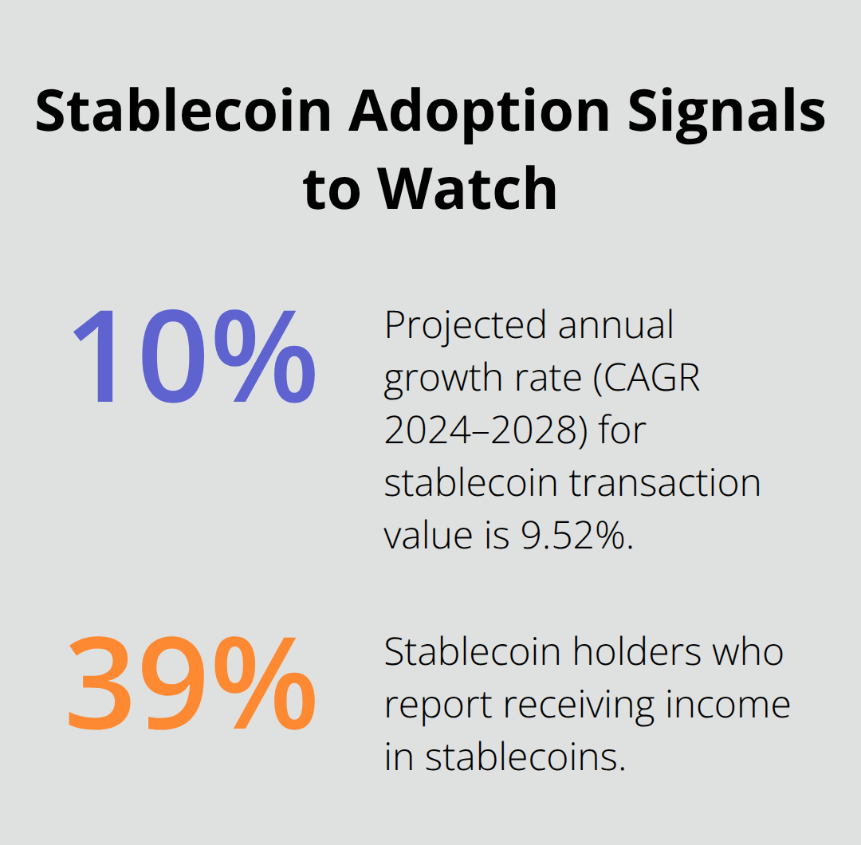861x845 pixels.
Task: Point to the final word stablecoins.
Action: pyautogui.click(x=522, y=757)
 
